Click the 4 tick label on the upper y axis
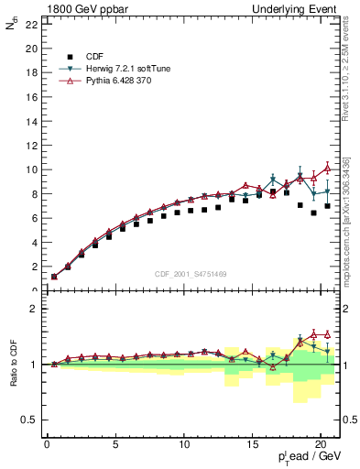click(x=33, y=243)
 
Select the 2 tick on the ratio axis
click(x=33, y=309)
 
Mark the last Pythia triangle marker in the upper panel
click(x=327, y=169)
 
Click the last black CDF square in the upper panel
click(x=327, y=205)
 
